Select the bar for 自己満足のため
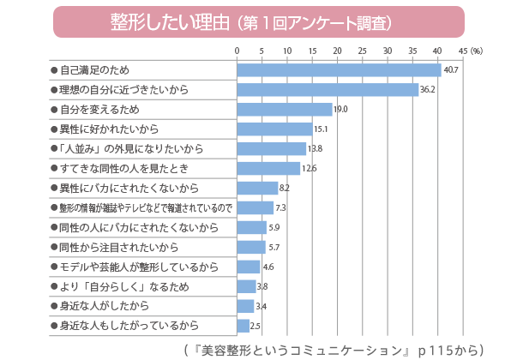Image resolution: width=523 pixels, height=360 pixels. (x=339, y=70)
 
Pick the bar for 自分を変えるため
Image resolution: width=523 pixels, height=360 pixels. (x=284, y=109)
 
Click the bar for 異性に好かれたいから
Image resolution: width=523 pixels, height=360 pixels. (x=274, y=129)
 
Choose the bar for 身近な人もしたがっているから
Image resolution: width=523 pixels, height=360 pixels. (x=243, y=326)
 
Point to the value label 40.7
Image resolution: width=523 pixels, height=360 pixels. (x=451, y=70)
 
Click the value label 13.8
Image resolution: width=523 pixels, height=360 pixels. (x=316, y=148)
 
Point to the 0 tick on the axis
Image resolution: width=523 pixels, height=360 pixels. (x=237, y=51)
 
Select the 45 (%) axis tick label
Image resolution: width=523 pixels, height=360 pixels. (x=470, y=51)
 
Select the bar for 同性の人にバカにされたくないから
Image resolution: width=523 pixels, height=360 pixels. (x=251, y=227)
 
